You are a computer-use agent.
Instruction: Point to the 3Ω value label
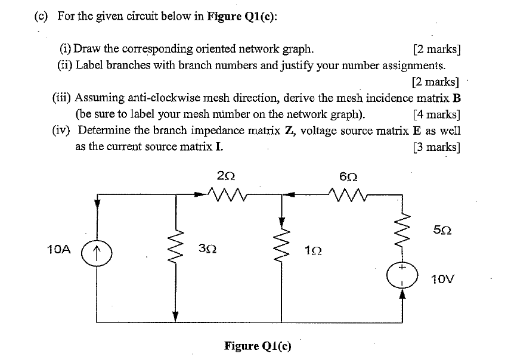(209, 249)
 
